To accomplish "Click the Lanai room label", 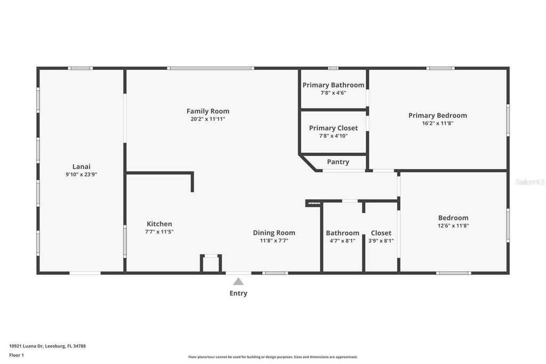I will (81, 166).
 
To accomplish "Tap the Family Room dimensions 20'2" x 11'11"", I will (208, 119).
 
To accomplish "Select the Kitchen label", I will (159, 224).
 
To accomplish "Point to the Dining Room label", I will (274, 233).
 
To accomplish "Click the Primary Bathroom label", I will (333, 85).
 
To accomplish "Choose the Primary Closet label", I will (333, 128).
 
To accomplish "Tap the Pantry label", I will (338, 162).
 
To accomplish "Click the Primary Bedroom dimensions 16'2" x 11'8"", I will (437, 123).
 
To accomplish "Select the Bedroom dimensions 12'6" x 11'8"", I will (453, 226).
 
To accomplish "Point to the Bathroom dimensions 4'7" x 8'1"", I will (342, 241).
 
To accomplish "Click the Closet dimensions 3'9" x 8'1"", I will (381, 241).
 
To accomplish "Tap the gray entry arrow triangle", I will (238, 281).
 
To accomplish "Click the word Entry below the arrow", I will (238, 293).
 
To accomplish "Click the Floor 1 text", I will (17, 355).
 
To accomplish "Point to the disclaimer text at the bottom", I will (272, 357).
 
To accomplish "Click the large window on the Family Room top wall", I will (211, 68).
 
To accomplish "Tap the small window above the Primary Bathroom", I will (333, 68).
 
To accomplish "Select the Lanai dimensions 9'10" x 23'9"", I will (81, 174).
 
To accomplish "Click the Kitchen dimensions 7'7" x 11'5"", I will (159, 232).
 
